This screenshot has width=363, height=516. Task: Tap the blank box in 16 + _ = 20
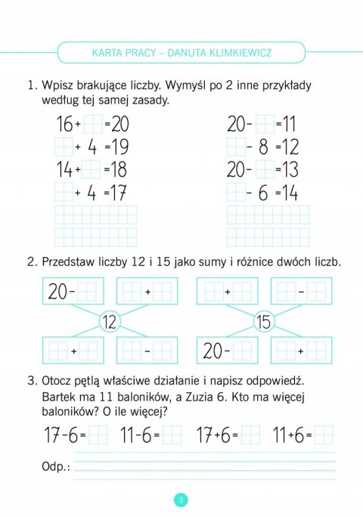(x=92, y=123)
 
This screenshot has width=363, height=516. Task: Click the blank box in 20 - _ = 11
(x=264, y=123)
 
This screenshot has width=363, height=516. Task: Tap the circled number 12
(x=109, y=322)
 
